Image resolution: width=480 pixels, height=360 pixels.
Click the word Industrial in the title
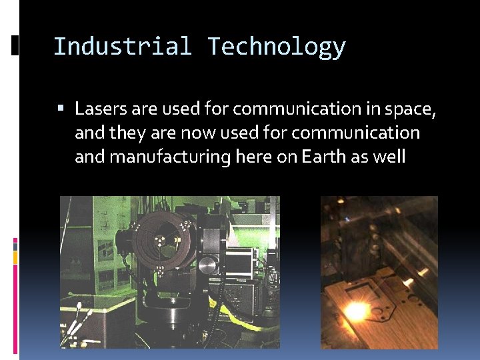[121, 47]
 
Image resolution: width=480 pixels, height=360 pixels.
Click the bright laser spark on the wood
[355, 310]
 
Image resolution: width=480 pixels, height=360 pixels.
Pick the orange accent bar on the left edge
[15, 257]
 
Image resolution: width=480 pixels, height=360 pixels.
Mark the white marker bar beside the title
[15, 45]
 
